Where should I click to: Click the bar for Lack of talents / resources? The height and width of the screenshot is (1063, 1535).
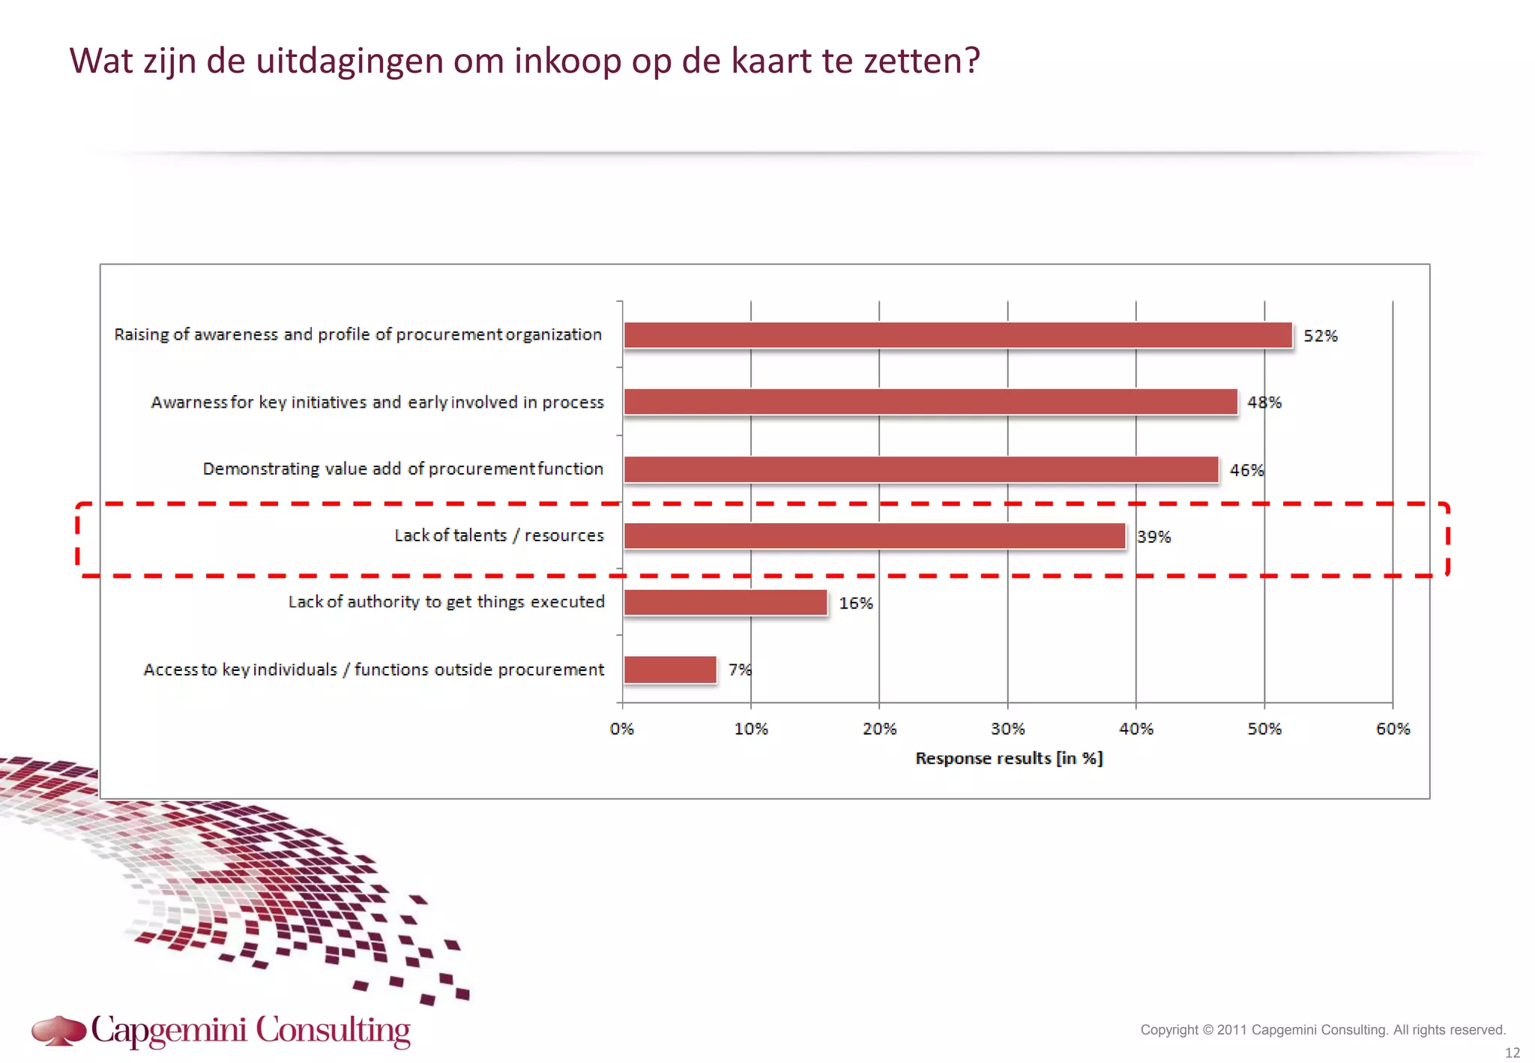point(874,536)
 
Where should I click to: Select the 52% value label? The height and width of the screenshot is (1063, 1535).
point(1320,336)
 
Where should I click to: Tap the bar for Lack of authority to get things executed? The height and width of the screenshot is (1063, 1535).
point(725,603)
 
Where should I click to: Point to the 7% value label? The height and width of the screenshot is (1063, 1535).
point(739,669)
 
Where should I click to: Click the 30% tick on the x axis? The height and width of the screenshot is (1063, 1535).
point(1007,729)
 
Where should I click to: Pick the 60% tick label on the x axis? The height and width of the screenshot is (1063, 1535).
point(1393,729)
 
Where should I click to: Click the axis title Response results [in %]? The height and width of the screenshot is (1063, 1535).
point(1008,759)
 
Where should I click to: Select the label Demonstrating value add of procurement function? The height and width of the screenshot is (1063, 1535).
point(402,469)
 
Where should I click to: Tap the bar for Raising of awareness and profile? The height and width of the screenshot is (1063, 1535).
point(957,335)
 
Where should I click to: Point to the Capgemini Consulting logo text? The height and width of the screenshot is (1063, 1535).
point(250,1031)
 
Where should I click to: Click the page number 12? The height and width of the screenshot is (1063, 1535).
point(1512,1053)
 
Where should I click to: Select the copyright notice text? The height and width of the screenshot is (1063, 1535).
point(1322,1030)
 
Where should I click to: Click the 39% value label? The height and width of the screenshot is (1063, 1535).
point(1153,537)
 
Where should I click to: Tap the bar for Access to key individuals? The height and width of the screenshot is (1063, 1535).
point(669,669)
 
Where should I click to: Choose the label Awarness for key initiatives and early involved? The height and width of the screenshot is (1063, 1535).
point(377,403)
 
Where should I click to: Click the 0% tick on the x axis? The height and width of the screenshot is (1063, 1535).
point(621,729)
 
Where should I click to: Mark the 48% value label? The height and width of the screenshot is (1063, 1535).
point(1264,403)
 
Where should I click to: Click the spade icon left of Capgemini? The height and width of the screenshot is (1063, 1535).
point(58,1031)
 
